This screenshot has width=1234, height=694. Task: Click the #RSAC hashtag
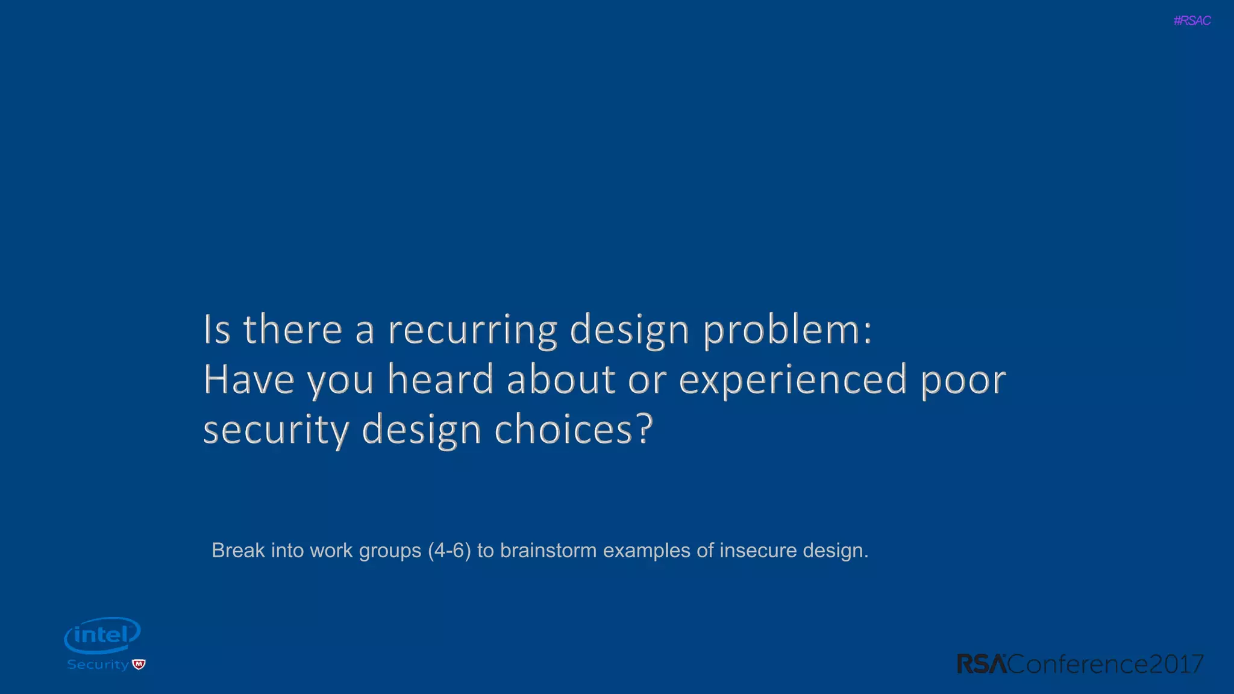1192,20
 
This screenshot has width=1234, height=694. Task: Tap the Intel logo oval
102,634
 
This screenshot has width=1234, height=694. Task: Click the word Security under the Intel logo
98,664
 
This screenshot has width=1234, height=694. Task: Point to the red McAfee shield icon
139,664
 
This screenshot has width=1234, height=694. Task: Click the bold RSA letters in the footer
982,664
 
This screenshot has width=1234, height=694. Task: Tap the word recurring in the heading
472,331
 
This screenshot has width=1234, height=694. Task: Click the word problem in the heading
787,331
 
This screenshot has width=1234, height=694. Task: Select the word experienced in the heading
793,380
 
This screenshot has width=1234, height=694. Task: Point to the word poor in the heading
963,380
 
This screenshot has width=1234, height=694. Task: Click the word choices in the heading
573,430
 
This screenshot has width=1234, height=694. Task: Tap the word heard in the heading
440,380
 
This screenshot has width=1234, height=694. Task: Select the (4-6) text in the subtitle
449,551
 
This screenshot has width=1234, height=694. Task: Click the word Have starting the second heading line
248,380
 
